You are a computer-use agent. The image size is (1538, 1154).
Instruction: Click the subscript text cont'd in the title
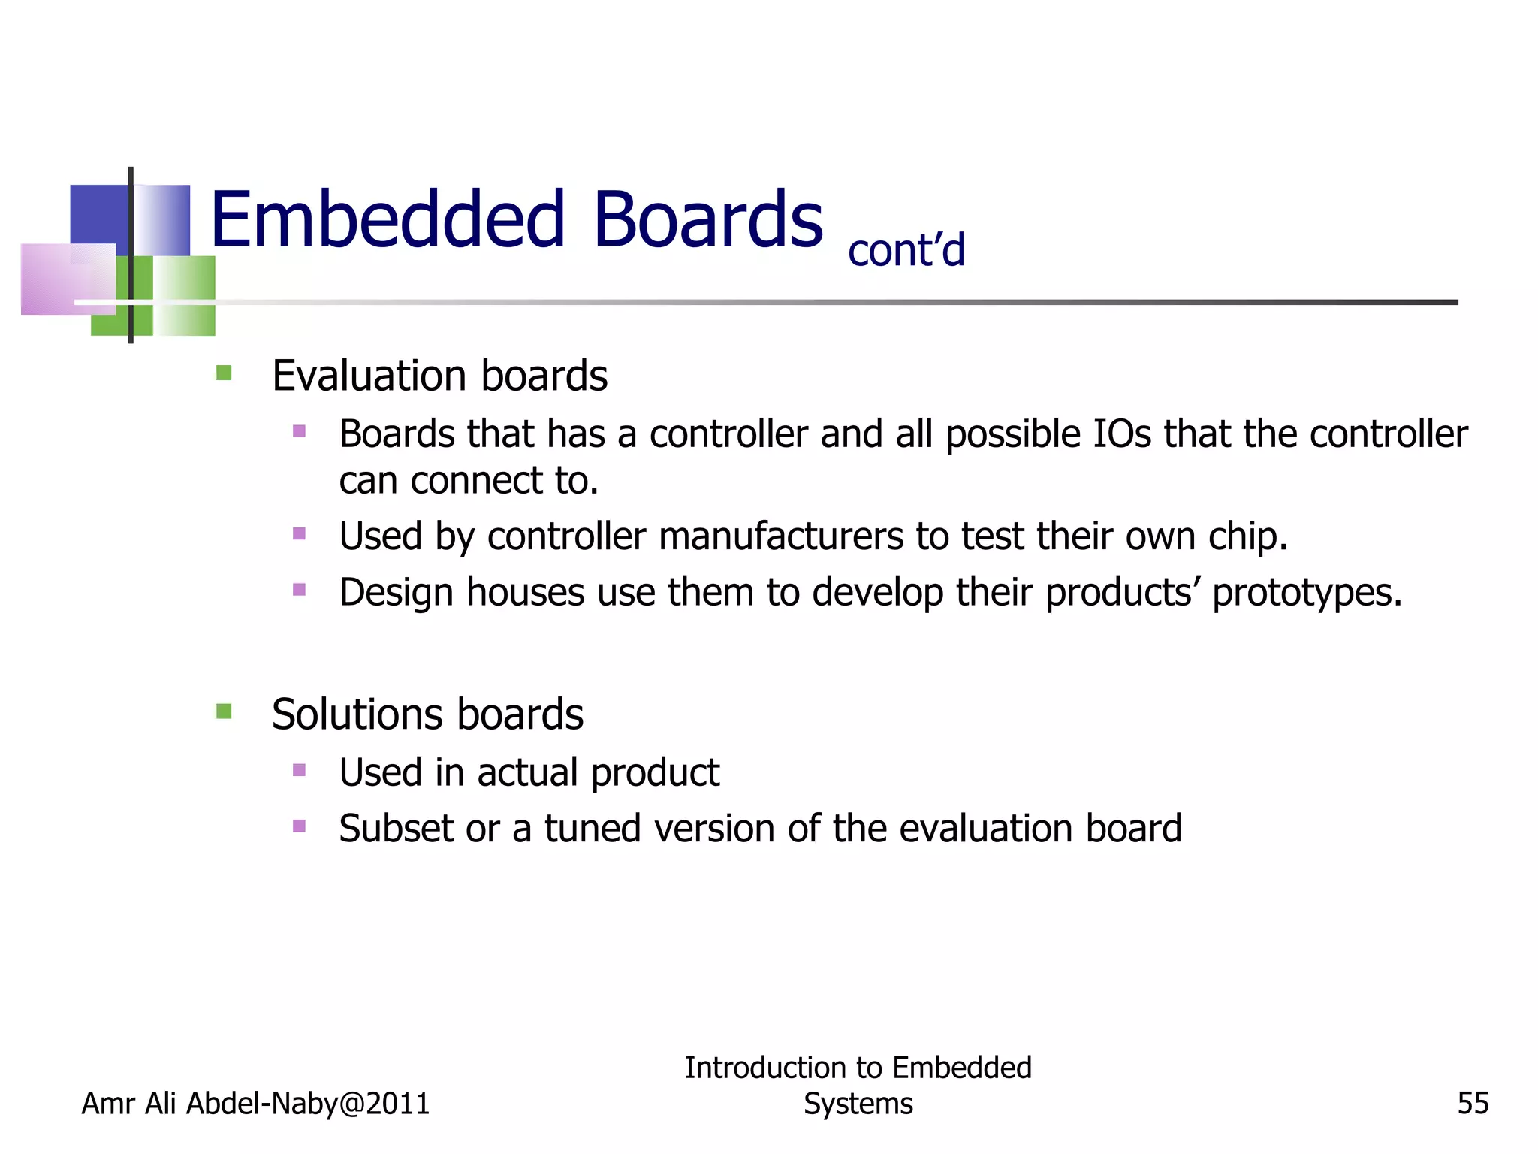[906, 250]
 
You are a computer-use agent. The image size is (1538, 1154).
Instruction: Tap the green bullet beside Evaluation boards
[224, 373]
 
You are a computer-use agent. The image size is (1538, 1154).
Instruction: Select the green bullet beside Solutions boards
[224, 711]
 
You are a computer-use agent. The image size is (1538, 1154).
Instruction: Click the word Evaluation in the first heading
[369, 376]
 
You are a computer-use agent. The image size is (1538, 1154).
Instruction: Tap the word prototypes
[1307, 593]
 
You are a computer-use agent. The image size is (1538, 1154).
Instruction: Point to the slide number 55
[1473, 1104]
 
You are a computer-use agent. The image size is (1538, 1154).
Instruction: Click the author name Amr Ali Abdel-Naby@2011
[255, 1104]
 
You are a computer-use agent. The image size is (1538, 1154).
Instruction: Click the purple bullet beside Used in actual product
[300, 770]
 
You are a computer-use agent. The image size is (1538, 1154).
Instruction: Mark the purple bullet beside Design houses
[300, 590]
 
